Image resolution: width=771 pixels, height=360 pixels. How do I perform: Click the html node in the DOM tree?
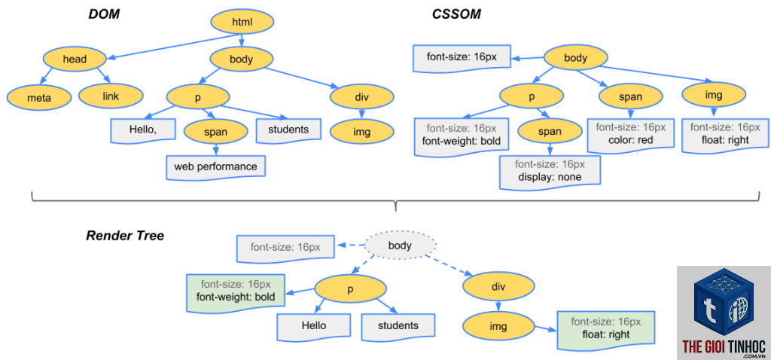tap(242, 22)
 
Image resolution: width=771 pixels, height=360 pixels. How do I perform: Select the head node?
tap(75, 59)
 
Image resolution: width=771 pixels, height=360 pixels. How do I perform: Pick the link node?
tap(111, 96)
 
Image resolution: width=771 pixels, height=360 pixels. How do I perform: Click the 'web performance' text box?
tap(216, 166)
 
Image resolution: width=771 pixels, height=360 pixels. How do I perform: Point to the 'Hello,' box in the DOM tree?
tap(142, 130)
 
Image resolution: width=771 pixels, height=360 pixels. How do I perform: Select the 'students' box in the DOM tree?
tap(288, 130)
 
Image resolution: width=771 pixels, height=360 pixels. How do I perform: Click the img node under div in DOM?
tap(362, 132)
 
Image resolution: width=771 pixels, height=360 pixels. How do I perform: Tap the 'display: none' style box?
tap(550, 171)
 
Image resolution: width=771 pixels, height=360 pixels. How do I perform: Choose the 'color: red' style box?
tap(631, 134)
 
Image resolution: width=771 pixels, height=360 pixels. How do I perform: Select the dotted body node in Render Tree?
tap(400, 245)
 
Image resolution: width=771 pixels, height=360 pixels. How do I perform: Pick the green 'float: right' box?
tap(606, 328)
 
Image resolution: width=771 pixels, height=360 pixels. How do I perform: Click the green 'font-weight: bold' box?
tap(236, 292)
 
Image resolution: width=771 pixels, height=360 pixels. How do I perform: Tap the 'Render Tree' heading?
tap(125, 236)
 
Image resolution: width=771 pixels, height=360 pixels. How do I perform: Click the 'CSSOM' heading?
tap(456, 15)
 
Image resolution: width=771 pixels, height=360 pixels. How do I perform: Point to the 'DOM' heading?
tap(104, 15)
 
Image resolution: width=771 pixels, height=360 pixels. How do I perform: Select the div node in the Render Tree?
tap(498, 286)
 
